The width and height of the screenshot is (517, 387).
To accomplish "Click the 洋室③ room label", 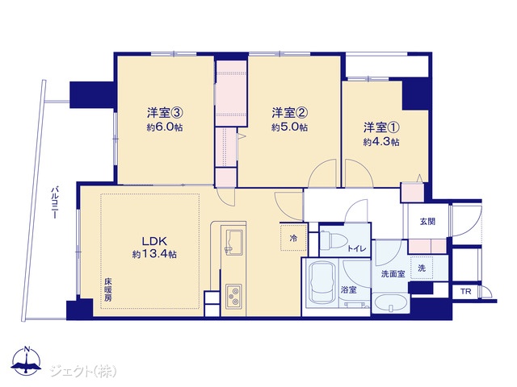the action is pos(165,113).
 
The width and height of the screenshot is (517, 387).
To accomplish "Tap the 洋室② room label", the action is pos(290,113).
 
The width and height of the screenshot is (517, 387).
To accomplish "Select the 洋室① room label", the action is pos(382,127).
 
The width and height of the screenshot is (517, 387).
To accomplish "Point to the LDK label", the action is pos(154,241).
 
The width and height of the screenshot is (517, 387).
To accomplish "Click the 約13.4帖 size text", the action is pos(154,254).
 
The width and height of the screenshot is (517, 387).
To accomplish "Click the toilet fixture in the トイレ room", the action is pos(331,239).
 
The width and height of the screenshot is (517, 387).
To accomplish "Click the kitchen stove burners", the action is pos(233,296).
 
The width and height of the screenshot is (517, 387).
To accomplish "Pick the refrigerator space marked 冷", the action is pos(293,238).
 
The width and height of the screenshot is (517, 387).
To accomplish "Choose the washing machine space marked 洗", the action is pos(422,268).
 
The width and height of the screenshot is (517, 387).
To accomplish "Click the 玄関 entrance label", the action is pos(427,222).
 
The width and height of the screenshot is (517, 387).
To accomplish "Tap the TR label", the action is pos(466,292).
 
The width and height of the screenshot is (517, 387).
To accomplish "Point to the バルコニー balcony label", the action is pos(55,203).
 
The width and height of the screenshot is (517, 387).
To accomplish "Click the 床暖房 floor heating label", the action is pos(108,290).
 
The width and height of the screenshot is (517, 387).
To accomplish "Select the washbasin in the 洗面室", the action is pos(391,303).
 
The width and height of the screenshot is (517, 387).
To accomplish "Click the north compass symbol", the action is pos(27,360).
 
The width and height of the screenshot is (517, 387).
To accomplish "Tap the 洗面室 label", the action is pos(393,274).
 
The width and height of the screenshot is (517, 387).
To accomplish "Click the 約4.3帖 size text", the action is pos(382,142).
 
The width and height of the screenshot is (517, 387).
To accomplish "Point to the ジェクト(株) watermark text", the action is pos(83,371).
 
